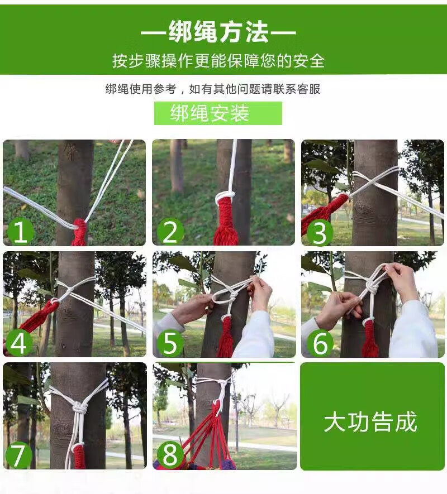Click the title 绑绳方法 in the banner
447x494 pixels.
218,32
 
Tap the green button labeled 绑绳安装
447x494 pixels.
218,113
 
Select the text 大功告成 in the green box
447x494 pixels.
370,422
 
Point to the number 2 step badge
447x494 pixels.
170,232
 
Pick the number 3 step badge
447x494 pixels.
319,233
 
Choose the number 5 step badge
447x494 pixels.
170,343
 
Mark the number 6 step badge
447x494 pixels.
320,343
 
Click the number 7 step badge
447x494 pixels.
18,454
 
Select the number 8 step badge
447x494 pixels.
170,454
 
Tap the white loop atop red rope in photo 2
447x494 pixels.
225,197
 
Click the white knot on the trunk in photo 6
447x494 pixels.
370,287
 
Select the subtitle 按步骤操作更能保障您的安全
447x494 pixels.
218,61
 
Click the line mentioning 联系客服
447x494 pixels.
213,89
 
